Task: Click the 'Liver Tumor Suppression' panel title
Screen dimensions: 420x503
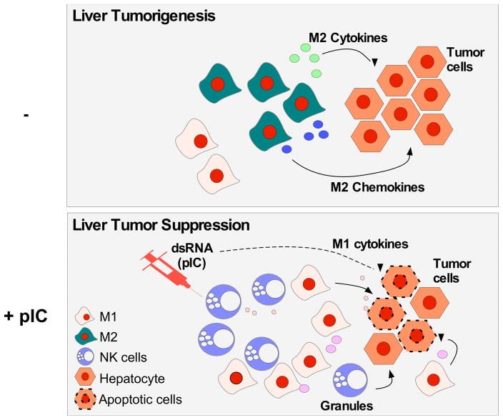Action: point(161,225)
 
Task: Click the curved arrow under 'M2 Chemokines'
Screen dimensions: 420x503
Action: point(343,170)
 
